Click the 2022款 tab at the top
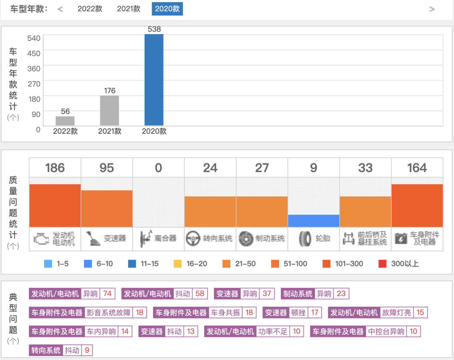coord(90,9)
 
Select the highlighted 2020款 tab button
coord(167,9)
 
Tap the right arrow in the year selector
coord(432,9)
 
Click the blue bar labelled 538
coord(154,79)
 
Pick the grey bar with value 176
coord(109,110)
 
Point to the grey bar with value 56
coord(65,121)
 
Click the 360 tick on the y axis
coord(34,69)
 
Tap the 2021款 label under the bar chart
coord(110,131)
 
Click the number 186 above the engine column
coord(55,168)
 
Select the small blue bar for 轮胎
coord(314,221)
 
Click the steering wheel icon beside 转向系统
coord(193,238)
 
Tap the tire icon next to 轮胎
coord(305,238)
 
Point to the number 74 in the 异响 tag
coord(107,294)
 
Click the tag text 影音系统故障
coord(109,312)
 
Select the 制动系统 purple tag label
coord(298,294)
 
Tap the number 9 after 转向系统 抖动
coord(87,350)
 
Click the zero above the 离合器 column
coord(158,168)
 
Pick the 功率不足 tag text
coord(273,331)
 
